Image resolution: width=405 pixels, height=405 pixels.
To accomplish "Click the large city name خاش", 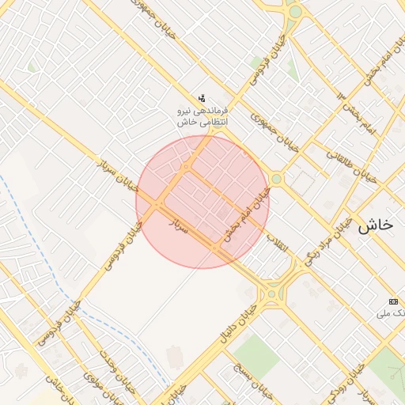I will (375, 225).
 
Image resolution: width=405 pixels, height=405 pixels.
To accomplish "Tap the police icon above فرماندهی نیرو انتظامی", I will (202, 98).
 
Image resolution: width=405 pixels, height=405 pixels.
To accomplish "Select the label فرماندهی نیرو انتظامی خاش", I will (202, 116).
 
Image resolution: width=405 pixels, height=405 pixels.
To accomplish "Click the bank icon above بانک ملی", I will (394, 302).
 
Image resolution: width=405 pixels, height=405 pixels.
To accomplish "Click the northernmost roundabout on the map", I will (295, 11).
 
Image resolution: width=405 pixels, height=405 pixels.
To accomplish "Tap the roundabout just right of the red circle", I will (276, 179).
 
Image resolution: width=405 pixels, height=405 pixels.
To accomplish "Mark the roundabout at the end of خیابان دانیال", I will (273, 293).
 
